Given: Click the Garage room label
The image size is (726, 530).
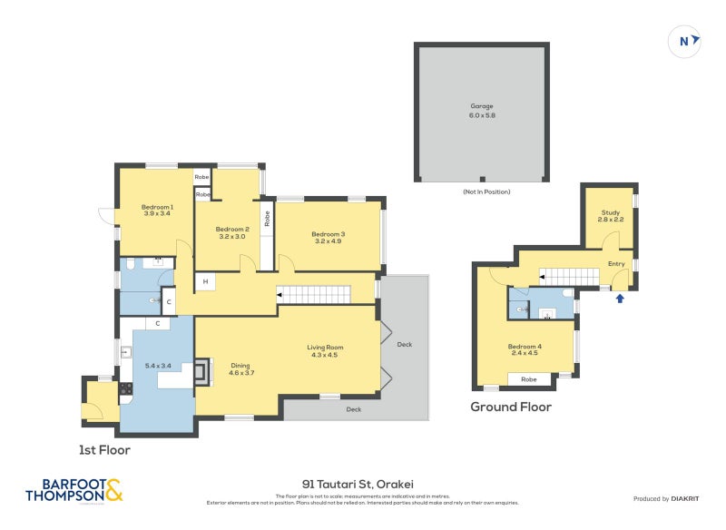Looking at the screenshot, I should coord(482,106).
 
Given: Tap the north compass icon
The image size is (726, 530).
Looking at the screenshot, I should coord(685,40).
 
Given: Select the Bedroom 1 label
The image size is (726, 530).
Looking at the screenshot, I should coord(157,207).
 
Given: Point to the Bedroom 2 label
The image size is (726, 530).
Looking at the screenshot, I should coord(231,229).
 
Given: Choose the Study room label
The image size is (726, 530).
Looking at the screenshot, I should coord(610,211).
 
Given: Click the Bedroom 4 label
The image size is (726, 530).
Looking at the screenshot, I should coord(525,347).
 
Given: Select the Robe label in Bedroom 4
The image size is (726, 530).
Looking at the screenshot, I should coord(528,379).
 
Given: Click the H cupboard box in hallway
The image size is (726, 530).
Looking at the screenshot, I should coord(206,282).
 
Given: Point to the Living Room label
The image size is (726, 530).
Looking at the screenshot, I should coord(325,347).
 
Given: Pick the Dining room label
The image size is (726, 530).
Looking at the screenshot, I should coord(240,366).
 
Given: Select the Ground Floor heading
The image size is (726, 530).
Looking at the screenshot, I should coord(510,407).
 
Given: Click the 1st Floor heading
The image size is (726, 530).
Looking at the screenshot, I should coord(104,449).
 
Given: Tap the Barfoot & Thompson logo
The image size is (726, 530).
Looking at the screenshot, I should coord(74,490).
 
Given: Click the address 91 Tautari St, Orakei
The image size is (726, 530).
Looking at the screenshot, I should coord(363,484).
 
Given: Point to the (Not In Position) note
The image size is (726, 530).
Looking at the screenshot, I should coord(486,191).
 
